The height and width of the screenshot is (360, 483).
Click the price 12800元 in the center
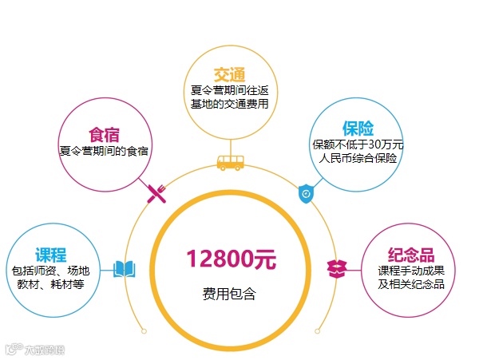pyautogui.click(x=231, y=259)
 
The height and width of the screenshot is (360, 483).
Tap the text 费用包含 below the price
pyautogui.click(x=230, y=294)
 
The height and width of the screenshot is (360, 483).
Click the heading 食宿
pyautogui.click(x=104, y=133)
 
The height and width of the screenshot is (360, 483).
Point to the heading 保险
pyautogui.click(x=358, y=129)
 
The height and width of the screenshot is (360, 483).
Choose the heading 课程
pyautogui.click(x=50, y=255)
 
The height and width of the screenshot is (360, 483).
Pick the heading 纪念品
pyautogui.click(x=410, y=255)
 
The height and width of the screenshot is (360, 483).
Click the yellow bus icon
pyautogui.click(x=231, y=163)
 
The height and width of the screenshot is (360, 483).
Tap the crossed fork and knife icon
pyautogui.click(x=156, y=192)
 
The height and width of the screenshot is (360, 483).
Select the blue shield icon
pyautogui.click(x=306, y=193)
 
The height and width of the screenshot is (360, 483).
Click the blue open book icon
pyautogui.click(x=125, y=268)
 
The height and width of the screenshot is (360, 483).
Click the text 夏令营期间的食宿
pyautogui.click(x=105, y=149)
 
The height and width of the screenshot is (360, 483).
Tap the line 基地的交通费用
pyautogui.click(x=230, y=104)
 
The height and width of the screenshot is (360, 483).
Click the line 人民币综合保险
pyautogui.click(x=358, y=158)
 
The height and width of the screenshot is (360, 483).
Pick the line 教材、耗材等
pyautogui.click(x=50, y=284)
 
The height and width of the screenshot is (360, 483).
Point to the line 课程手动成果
pyautogui.click(x=410, y=271)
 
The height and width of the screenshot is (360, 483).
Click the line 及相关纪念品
pyautogui.click(x=410, y=284)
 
